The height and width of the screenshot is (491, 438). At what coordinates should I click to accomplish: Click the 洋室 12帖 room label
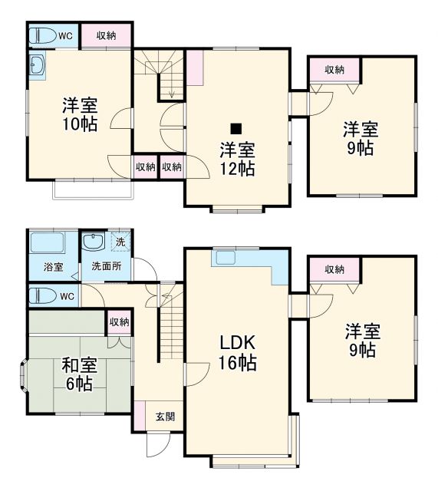(x=235, y=159)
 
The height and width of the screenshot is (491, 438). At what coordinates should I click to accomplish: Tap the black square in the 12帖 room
(x=237, y=128)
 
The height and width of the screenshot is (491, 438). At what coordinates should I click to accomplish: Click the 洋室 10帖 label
(x=80, y=114)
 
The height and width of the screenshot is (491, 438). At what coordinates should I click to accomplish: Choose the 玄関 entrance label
(x=165, y=417)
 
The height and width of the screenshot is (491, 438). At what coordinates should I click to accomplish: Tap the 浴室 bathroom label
(x=53, y=267)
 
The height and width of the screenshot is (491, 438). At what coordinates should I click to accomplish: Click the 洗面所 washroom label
(x=106, y=267)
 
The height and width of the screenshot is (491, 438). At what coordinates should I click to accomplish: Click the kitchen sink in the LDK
(x=226, y=258)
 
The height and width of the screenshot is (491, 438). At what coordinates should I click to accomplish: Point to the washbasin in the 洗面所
(x=94, y=243)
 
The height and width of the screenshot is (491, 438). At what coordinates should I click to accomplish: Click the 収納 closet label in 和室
(x=118, y=322)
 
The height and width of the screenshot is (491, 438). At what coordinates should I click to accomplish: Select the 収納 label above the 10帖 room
(x=106, y=35)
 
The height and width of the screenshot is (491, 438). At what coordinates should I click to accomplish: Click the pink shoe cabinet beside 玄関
(x=139, y=415)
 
